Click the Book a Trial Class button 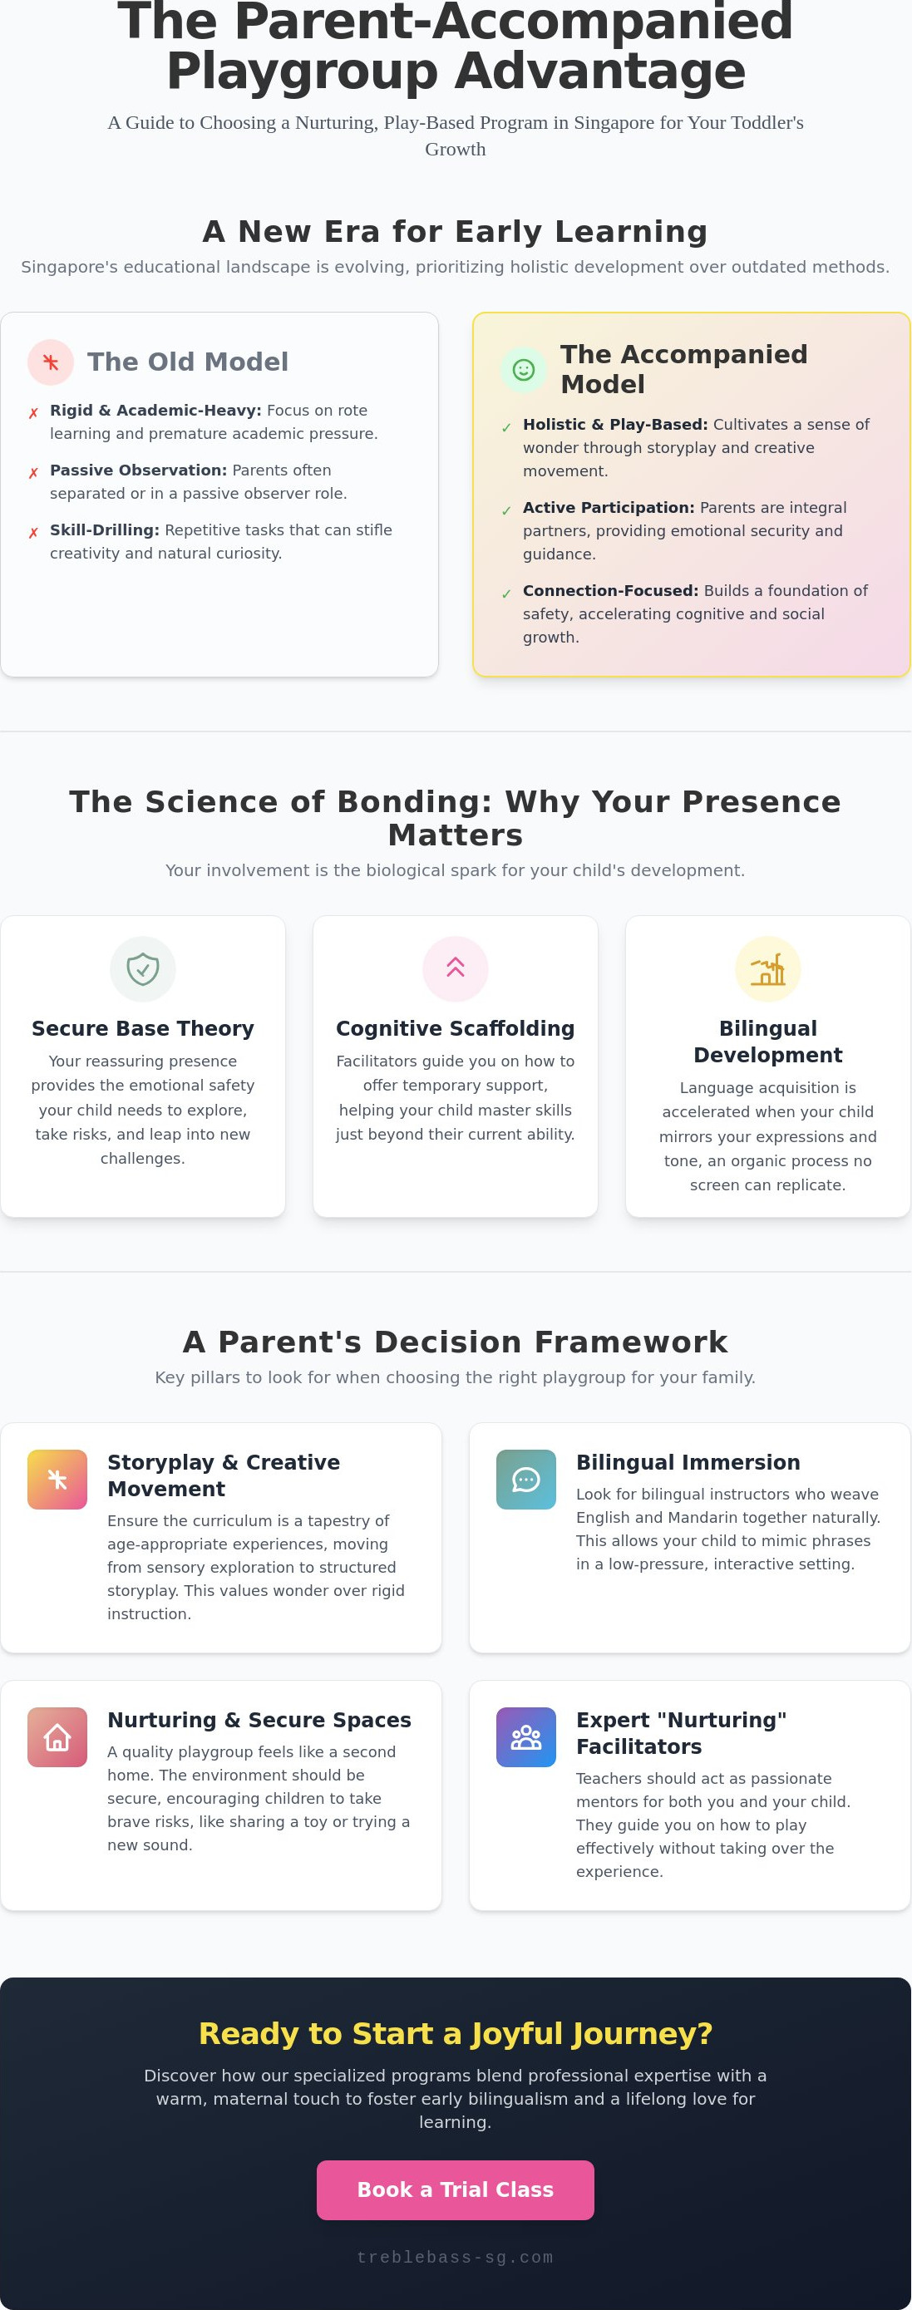455,2189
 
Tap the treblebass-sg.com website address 455,2257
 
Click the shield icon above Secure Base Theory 143,968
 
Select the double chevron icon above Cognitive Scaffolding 456,967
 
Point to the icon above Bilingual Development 767,968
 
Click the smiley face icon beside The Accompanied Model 523,369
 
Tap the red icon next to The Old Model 50,362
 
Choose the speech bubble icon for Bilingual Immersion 525,1480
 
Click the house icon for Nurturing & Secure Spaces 57,1737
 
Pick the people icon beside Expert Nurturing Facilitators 525,1737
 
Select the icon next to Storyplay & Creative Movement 57,1480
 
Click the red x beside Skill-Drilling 33,533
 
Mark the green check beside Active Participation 506,510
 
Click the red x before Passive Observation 33,473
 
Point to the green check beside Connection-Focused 506,594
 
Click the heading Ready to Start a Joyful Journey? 456,2034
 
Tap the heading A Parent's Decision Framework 456,1342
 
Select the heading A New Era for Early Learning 456,231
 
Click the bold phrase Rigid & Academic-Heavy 155,410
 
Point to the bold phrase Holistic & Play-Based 615,424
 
